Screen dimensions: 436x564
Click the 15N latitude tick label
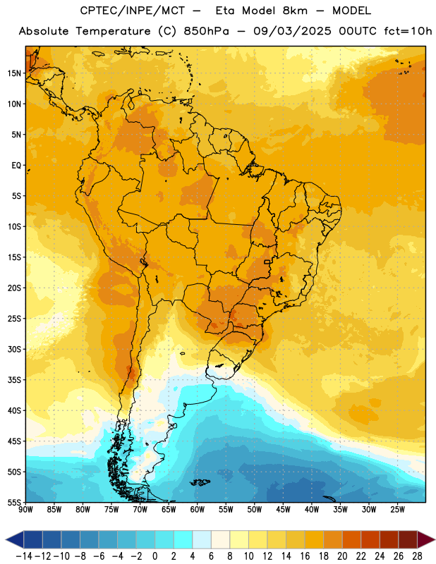(14, 73)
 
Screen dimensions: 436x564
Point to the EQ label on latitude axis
(16, 166)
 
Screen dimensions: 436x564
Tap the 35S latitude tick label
(14, 380)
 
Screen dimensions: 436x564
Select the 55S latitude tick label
(14, 503)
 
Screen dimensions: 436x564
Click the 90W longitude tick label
(26, 510)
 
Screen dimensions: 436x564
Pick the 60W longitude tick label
(198, 510)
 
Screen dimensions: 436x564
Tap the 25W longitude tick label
(397, 510)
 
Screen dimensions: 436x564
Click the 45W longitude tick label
(283, 510)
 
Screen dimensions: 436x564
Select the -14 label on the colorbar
(24, 556)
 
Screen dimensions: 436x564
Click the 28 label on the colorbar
(417, 556)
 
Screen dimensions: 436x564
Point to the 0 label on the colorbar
(155, 556)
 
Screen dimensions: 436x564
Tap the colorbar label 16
(305, 556)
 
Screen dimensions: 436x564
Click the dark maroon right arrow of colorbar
(426, 539)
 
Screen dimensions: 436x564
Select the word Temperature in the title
(113, 32)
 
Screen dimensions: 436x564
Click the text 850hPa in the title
(206, 31)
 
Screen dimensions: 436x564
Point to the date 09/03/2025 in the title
(292, 31)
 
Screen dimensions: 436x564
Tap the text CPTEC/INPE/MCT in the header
(133, 11)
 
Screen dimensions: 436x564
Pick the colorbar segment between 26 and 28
(408, 539)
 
